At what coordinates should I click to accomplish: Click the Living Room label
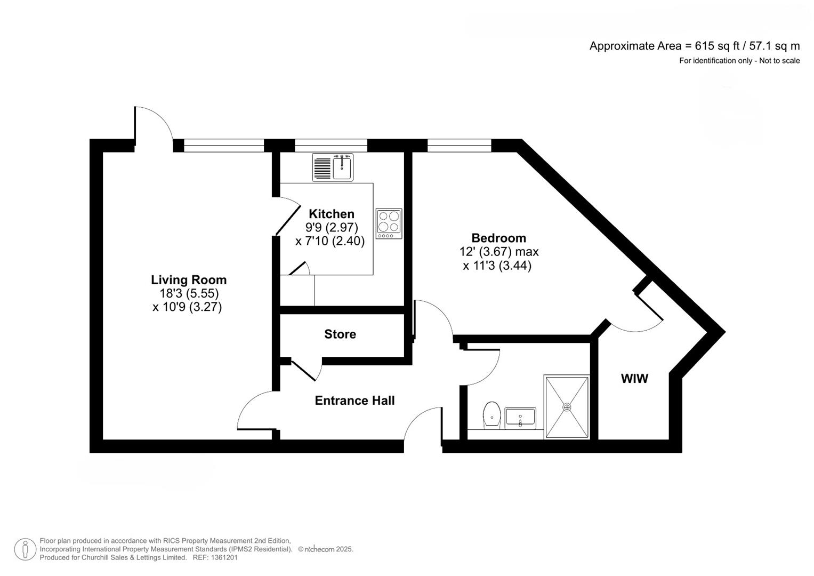coord(189,279)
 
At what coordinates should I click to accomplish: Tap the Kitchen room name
coord(332,214)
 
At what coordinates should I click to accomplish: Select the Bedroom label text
coord(498,238)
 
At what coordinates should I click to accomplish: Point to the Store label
coord(340,334)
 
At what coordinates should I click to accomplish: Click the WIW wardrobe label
coord(634,379)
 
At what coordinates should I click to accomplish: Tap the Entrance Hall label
coord(354,401)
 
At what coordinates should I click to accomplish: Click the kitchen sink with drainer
coord(333,167)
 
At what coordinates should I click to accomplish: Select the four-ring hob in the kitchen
coord(389,223)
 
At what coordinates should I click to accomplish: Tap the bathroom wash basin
coord(520,418)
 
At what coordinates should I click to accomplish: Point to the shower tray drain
coord(567,407)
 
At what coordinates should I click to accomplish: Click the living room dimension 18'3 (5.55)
coord(189,293)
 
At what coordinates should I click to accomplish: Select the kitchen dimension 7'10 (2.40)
coord(329,241)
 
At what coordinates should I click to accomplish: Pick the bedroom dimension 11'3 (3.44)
coord(497,266)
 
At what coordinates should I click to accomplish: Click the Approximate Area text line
coord(695,46)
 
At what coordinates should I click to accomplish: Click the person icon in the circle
coord(25,549)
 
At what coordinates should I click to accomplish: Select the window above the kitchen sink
coord(331,146)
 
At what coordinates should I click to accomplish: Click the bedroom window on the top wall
coord(460,146)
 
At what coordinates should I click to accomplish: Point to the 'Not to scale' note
coord(779,61)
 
